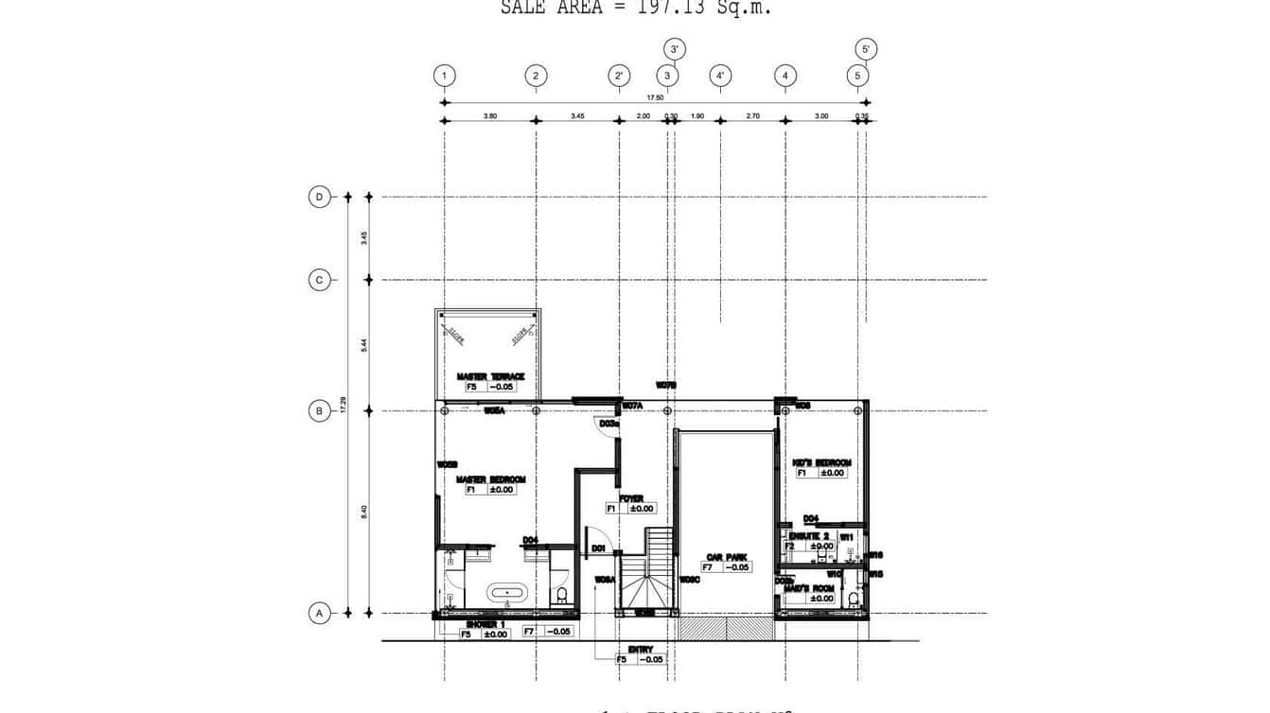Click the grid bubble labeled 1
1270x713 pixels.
point(444,76)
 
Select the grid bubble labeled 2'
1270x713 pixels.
point(619,76)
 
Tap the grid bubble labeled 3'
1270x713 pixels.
point(674,49)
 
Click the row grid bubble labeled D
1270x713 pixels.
point(319,197)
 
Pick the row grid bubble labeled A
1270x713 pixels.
point(319,614)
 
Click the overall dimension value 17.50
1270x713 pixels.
point(655,96)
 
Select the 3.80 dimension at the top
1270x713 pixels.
point(490,115)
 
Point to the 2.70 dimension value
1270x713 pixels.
point(752,115)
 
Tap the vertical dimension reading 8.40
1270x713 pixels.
point(364,512)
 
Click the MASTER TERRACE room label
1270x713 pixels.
point(490,376)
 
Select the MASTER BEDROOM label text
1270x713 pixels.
point(490,479)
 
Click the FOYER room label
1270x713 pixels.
point(631,498)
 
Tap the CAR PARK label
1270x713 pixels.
point(727,557)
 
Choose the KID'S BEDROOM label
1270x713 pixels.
point(821,462)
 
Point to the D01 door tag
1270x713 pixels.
point(598,548)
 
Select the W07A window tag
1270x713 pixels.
point(633,406)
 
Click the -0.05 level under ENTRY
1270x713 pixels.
point(650,659)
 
